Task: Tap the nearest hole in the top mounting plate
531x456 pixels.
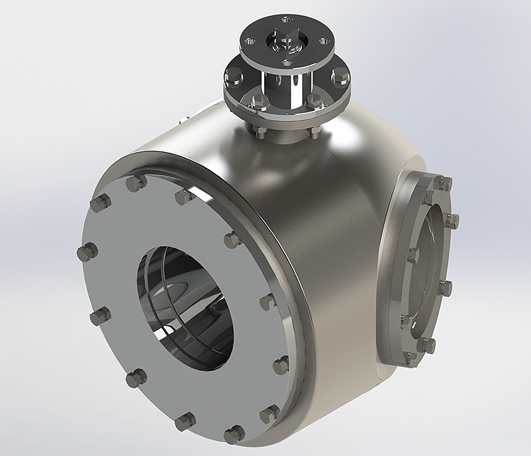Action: (x=285, y=63)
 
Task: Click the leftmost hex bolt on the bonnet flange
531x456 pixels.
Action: (x=234, y=76)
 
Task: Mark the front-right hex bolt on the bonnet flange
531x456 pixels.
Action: (x=313, y=102)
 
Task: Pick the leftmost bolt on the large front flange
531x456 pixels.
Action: (x=87, y=252)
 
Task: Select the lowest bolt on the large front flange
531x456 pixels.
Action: (x=234, y=435)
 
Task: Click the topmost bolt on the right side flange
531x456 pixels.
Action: (x=443, y=182)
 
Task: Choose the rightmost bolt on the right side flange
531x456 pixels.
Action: (x=451, y=221)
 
